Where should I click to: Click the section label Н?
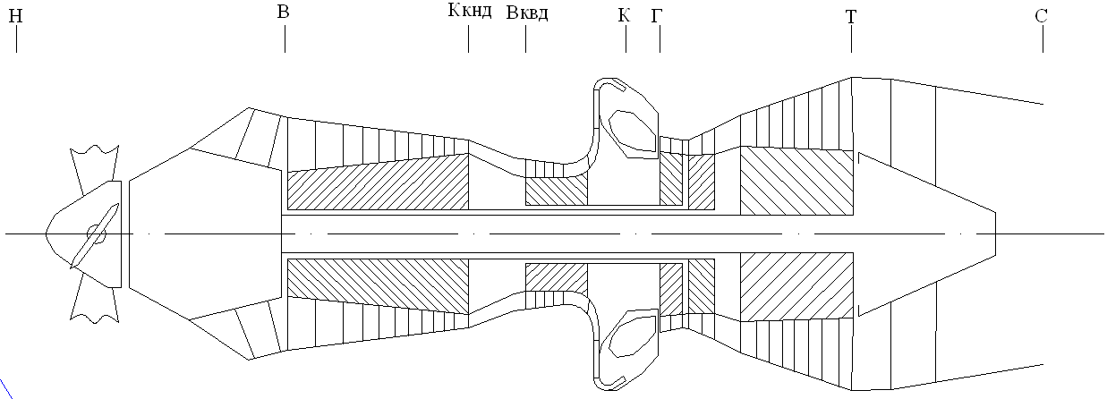[x=16, y=16]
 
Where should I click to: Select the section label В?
[x=284, y=12]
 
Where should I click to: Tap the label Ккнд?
[x=469, y=12]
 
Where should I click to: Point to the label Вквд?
[x=526, y=13]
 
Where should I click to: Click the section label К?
[x=624, y=15]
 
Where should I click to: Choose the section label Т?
[x=850, y=16]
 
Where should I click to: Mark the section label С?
[x=1042, y=16]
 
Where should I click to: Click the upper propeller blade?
[x=94, y=166]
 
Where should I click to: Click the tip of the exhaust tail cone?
[x=995, y=234]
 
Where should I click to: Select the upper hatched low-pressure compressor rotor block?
[x=377, y=183]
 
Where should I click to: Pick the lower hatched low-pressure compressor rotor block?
[x=377, y=284]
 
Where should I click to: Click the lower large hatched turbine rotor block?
[x=796, y=284]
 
